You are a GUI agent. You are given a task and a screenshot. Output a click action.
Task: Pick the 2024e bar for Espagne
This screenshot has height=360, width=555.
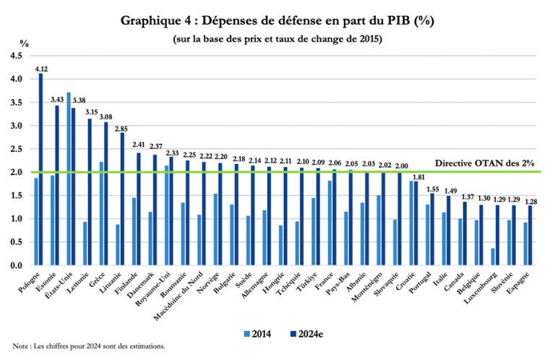[530, 236]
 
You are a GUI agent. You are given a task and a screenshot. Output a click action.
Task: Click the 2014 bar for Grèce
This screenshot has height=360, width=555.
[101, 213]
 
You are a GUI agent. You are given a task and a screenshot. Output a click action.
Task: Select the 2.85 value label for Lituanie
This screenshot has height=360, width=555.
[122, 127]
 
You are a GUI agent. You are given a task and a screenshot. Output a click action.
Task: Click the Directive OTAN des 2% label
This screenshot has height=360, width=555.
[484, 164]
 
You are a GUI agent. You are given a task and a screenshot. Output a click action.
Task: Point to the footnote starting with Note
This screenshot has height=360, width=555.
[89, 346]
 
